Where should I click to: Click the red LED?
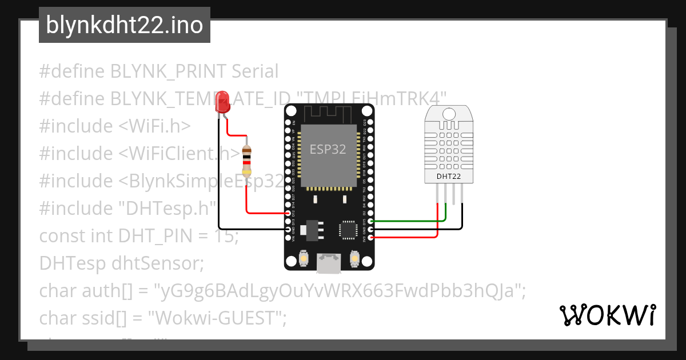tap(221, 102)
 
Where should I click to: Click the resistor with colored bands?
tap(246, 161)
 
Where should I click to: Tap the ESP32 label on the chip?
tap(328, 150)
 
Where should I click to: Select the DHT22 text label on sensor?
tap(449, 176)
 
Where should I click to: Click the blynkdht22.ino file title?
tap(124, 26)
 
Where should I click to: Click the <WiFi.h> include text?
tap(154, 126)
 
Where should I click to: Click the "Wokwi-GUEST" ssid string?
tap(217, 318)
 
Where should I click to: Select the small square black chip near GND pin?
tap(348, 229)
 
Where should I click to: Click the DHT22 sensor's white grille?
tap(449, 146)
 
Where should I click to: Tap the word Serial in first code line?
tap(255, 71)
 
